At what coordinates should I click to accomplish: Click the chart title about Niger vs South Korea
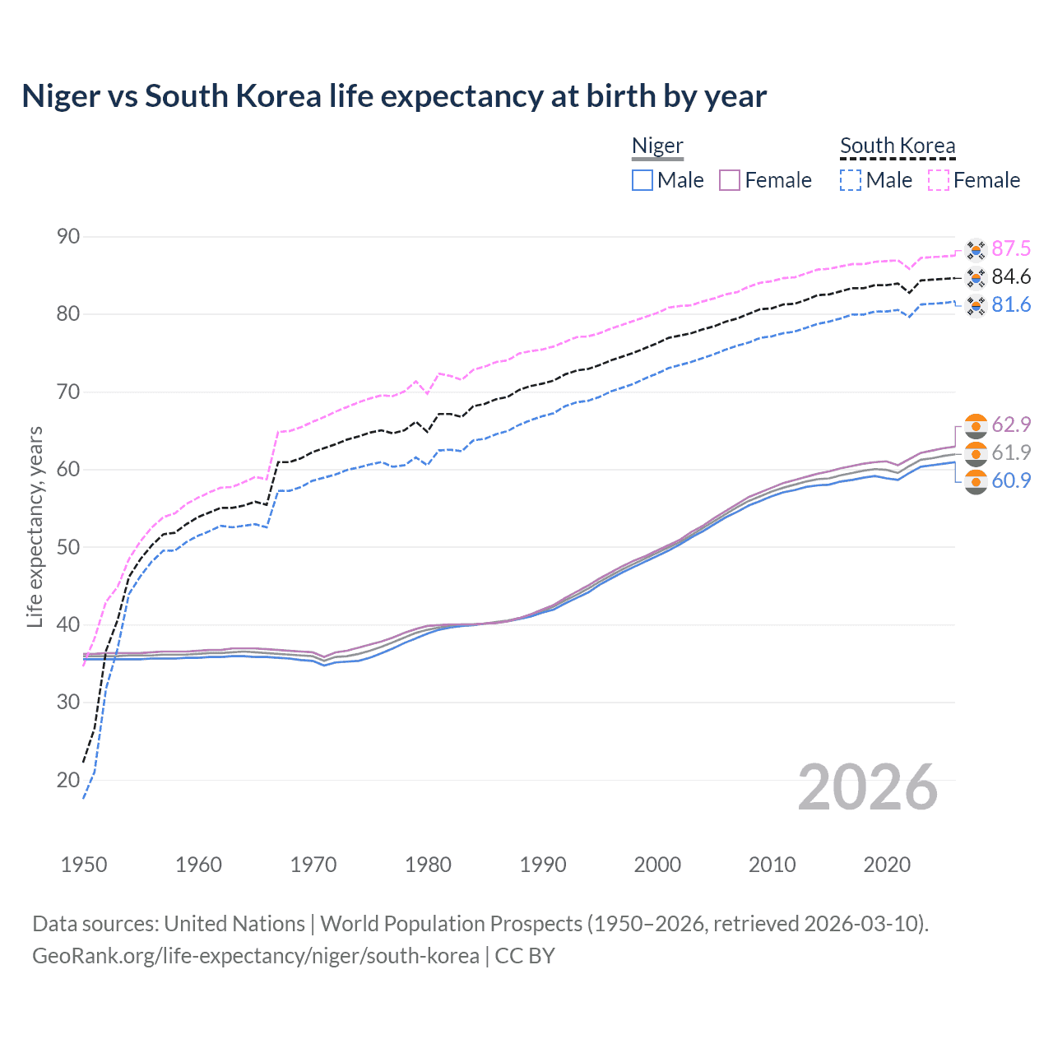pos(394,96)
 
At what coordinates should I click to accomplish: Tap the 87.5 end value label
pos(1011,249)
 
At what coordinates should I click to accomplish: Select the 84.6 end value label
pos(1011,277)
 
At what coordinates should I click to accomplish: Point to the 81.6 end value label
pos(1011,305)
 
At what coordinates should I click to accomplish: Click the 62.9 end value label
pos(1011,424)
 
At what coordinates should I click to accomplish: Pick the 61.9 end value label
pos(1011,452)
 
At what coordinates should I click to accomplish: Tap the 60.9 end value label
pos(1011,480)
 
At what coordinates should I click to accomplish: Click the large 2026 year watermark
pos(868,787)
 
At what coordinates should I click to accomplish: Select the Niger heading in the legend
pos(657,146)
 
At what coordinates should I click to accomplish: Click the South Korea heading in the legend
pos(898,146)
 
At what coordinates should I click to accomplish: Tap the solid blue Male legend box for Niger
pos(642,180)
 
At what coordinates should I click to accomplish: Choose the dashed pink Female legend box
pos(939,180)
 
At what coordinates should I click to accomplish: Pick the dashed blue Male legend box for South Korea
pos(851,180)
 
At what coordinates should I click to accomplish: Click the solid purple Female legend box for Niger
pos(730,180)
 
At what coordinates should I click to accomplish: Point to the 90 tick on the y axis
pos(68,237)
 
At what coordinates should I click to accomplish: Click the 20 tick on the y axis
pos(68,780)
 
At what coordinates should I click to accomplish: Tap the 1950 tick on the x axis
pos(84,865)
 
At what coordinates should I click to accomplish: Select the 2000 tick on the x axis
pos(657,865)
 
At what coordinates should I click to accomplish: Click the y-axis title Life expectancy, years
pos(35,526)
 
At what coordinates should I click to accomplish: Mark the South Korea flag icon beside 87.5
pos(976,249)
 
